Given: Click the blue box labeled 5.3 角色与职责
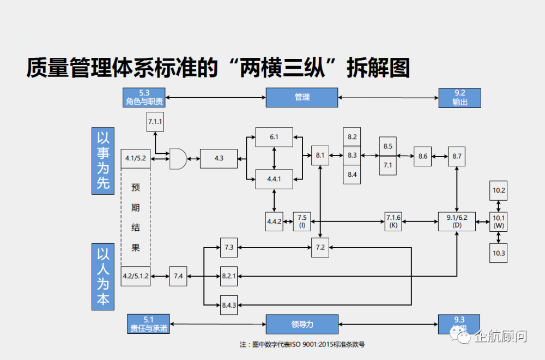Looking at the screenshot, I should tap(144, 97).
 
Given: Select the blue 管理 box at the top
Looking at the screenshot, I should tap(302, 97).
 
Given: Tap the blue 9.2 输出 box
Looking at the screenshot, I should tap(459, 98).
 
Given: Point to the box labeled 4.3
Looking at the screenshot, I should tap(219, 158).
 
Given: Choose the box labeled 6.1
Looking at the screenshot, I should tap(274, 137).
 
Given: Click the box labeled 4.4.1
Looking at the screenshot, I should tap(274, 178).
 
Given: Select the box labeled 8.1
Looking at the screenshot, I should tap(320, 155).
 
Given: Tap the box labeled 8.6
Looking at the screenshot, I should tap(423, 157).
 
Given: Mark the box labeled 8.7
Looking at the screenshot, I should tap(457, 157).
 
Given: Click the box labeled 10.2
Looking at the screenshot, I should tap(499, 191).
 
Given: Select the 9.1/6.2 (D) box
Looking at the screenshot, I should tap(457, 220).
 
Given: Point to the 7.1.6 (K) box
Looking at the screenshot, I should tap(393, 221).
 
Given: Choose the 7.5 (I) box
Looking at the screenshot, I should tap(302, 221).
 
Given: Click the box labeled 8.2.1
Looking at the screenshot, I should tap(229, 277).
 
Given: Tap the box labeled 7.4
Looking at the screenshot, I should tap(178, 277).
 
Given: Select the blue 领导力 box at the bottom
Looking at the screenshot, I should tap(302, 324).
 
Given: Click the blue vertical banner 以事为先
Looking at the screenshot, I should tap(103, 161).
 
